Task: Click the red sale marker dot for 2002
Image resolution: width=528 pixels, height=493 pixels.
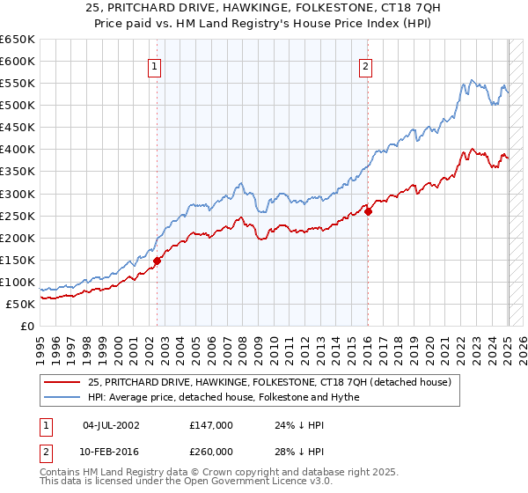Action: pos(158,261)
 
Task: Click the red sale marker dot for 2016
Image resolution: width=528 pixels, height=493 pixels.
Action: pos(369,210)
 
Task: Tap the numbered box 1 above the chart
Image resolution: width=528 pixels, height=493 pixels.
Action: pos(154,64)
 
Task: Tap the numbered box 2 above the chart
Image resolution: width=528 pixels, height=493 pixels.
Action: pos(365,64)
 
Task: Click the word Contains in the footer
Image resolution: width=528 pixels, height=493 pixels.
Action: pos(62,474)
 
